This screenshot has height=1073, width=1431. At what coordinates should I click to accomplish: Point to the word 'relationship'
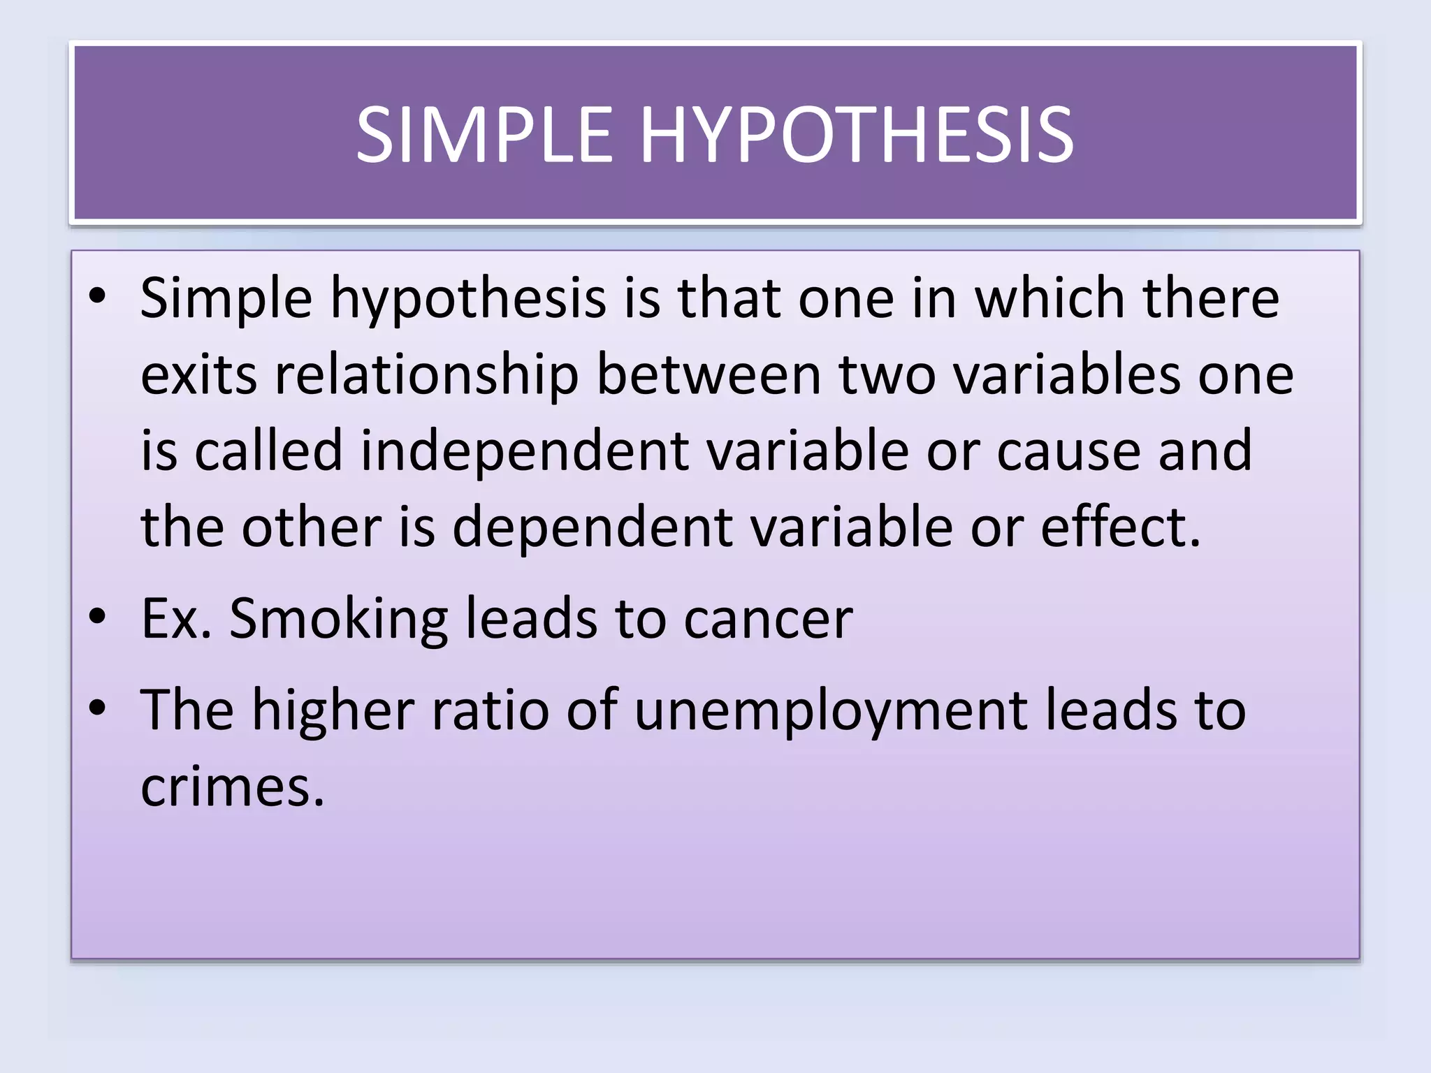click(427, 375)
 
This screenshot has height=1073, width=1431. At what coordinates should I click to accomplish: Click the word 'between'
click(709, 375)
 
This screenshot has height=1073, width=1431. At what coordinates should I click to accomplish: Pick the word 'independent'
click(525, 451)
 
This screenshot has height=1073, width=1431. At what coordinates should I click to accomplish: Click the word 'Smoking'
click(338, 620)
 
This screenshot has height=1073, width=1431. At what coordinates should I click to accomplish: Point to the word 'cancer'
click(768, 620)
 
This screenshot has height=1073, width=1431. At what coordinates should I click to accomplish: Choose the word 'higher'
click(333, 710)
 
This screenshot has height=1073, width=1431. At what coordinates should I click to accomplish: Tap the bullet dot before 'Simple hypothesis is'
click(98, 296)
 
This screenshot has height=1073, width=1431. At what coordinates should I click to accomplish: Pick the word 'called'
click(268, 451)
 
